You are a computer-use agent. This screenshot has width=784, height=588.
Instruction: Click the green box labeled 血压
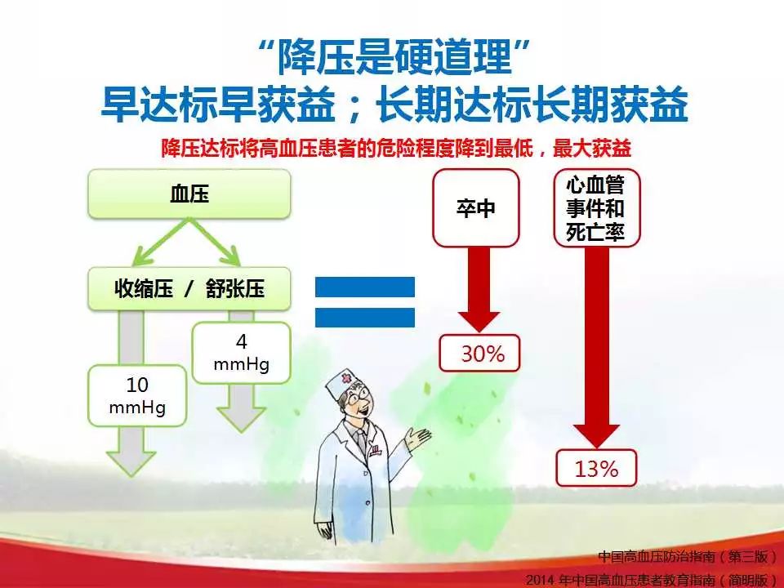pos(189,194)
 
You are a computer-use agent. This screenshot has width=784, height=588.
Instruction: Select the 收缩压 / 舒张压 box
pos(189,289)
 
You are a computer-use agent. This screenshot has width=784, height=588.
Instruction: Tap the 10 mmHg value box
pos(137,395)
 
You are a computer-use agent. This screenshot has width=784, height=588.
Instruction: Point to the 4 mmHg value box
pos(242,353)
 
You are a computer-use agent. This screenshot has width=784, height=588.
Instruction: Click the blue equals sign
pos(365,302)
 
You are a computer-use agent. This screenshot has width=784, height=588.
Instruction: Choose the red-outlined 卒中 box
pos(476,208)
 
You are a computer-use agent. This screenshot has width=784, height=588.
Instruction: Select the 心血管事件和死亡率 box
pos(596,208)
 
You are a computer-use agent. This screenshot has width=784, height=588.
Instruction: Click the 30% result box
pos(480,354)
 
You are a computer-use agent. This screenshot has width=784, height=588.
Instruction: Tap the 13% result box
pos(596,468)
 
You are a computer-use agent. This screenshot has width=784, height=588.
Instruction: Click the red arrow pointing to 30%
pos(479,290)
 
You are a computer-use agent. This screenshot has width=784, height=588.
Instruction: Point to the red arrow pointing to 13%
pos(596,348)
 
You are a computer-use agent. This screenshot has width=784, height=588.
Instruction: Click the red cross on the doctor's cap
pos(345,378)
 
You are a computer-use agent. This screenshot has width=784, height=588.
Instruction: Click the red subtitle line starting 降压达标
pos(396,148)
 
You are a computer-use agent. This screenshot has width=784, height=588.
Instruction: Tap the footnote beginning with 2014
pos(652,580)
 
